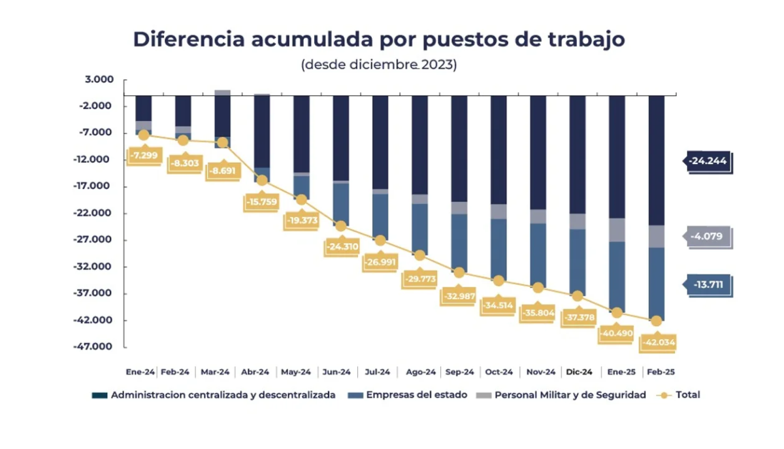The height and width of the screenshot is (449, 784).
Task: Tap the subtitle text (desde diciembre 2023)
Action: (x=378, y=65)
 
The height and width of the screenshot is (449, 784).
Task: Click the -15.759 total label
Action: (x=263, y=202)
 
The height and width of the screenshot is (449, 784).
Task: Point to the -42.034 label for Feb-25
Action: (x=658, y=342)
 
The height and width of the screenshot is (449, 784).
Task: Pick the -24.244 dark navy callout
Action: (x=708, y=160)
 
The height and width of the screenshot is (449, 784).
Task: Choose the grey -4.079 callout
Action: (x=708, y=237)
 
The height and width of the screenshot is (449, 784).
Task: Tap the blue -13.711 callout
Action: (x=708, y=285)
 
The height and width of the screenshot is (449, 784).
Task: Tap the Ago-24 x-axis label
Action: (x=420, y=372)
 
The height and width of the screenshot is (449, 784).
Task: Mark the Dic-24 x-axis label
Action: (x=578, y=372)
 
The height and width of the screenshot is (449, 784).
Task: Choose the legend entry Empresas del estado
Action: (x=416, y=395)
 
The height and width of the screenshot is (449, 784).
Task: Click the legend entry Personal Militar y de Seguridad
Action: (x=570, y=395)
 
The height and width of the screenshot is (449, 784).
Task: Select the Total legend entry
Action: (x=687, y=395)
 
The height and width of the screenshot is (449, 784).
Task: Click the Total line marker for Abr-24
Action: (x=262, y=180)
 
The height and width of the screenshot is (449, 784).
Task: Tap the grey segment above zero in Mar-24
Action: (x=222, y=93)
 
